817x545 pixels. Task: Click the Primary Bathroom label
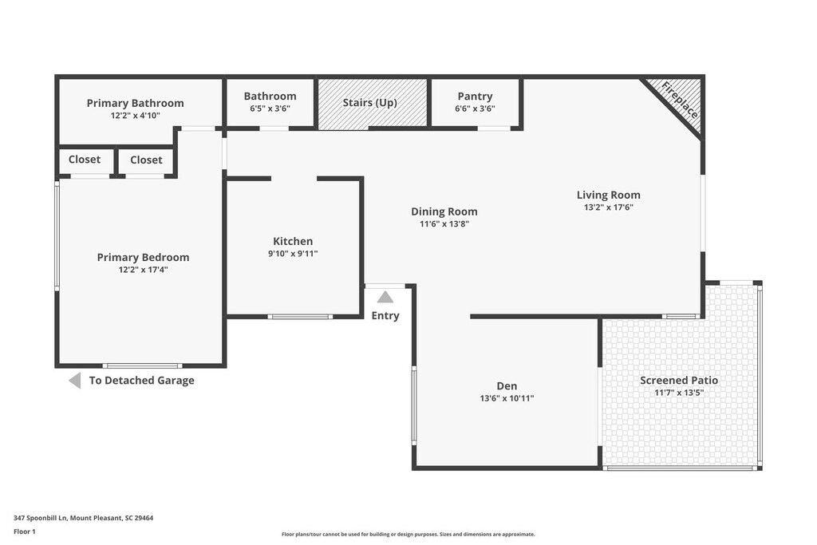tap(135, 103)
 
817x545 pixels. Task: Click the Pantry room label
tap(475, 97)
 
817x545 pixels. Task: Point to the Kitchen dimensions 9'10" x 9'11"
tap(293, 254)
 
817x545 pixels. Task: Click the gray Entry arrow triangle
tap(385, 297)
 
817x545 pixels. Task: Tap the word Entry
tap(385, 315)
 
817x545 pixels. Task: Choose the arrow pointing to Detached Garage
tap(75, 381)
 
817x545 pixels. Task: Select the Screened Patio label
tap(679, 380)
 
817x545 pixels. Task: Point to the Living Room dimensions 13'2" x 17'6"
tap(608, 207)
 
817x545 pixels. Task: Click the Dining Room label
tap(444, 211)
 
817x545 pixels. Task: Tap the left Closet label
tap(85, 160)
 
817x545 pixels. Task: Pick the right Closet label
tap(146, 160)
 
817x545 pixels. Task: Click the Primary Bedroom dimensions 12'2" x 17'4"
tap(143, 270)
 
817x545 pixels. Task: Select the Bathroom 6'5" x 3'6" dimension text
tap(270, 109)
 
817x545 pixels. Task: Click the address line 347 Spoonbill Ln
tap(83, 518)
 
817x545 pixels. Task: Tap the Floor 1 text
tap(25, 531)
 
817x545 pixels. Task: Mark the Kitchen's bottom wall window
tap(300, 317)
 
